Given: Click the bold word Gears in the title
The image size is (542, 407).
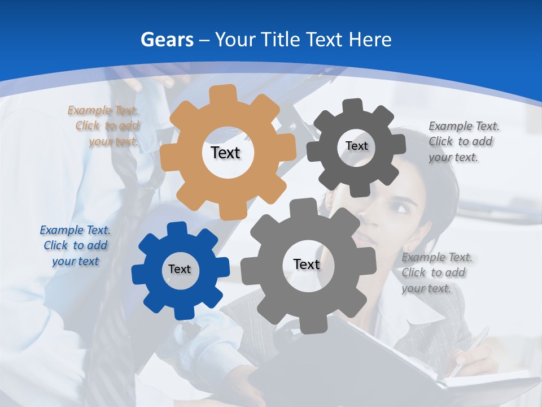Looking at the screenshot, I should (x=167, y=40).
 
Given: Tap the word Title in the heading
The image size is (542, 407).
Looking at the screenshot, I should (x=281, y=40).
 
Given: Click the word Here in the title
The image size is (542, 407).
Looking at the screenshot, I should (x=370, y=40).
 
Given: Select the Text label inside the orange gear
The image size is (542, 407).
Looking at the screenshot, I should (x=225, y=153).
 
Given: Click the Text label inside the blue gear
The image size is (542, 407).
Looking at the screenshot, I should (x=180, y=269).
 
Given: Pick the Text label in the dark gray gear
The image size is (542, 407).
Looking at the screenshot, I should (x=356, y=146).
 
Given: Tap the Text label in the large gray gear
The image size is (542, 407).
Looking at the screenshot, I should (x=307, y=264).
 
